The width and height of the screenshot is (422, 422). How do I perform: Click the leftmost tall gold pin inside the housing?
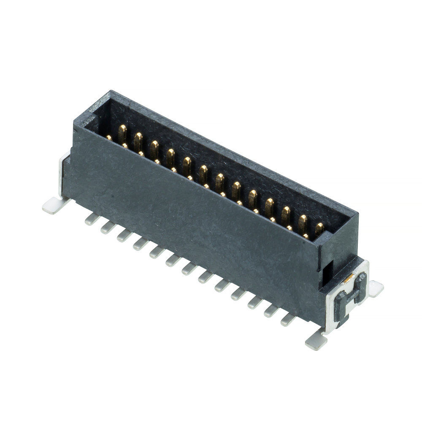(122, 133)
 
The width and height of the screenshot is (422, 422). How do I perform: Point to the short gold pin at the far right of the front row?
(306, 236)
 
